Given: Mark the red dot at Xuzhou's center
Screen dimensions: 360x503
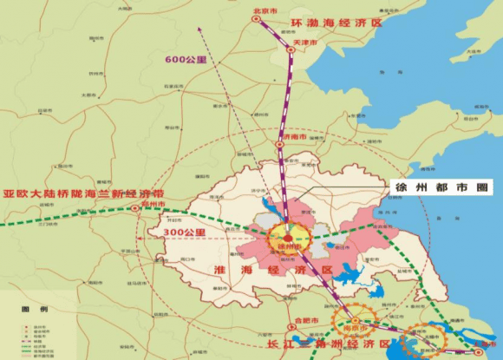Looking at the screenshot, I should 288,237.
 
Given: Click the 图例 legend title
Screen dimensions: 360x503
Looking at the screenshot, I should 29,310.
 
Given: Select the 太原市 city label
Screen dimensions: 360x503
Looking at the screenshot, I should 87,95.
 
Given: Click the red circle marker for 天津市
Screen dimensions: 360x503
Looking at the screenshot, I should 291,50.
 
